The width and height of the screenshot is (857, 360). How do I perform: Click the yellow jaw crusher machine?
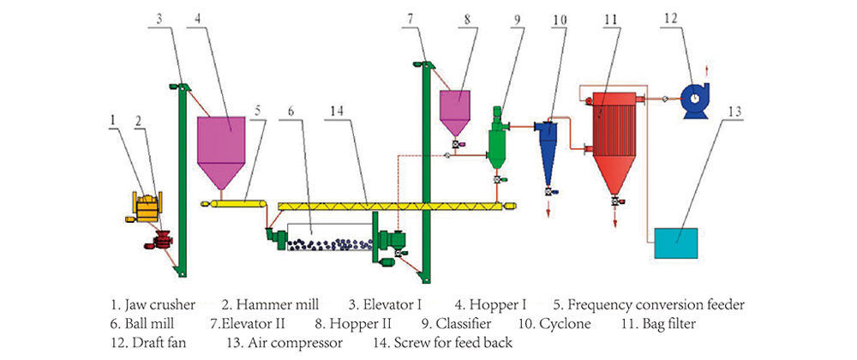[148, 206]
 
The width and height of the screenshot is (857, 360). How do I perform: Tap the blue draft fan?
[694, 99]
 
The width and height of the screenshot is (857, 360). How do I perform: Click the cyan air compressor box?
[675, 243]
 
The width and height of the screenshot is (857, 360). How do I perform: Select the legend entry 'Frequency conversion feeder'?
[655, 304]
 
